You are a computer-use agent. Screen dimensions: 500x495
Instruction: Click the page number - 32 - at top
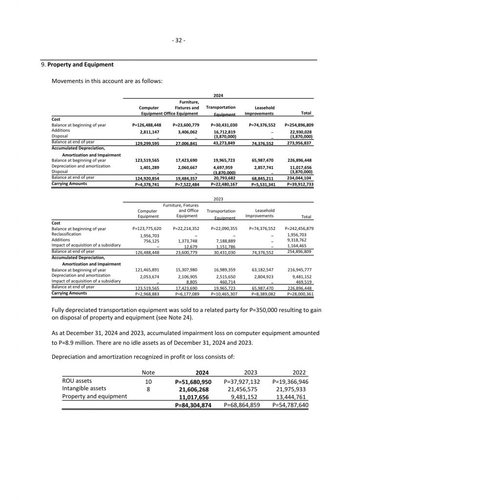[179, 40]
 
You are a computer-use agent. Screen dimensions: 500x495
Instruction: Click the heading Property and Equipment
[81, 64]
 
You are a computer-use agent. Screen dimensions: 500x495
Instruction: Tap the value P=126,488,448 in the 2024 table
[146, 125]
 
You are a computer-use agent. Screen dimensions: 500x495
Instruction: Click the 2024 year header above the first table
[218, 96]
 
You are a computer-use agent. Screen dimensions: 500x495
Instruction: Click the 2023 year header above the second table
[218, 199]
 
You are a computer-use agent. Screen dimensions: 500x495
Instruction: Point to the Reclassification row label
[66, 234]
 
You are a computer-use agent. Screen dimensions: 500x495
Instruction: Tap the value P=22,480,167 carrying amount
[224, 185]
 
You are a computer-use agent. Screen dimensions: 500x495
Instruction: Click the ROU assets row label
[77, 381]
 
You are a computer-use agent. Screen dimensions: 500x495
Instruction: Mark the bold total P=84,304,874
[193, 405]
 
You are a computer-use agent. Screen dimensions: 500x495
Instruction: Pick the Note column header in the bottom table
[148, 373]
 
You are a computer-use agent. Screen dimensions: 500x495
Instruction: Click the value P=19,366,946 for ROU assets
[290, 381]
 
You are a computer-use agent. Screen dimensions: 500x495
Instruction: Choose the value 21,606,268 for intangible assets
[194, 389]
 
